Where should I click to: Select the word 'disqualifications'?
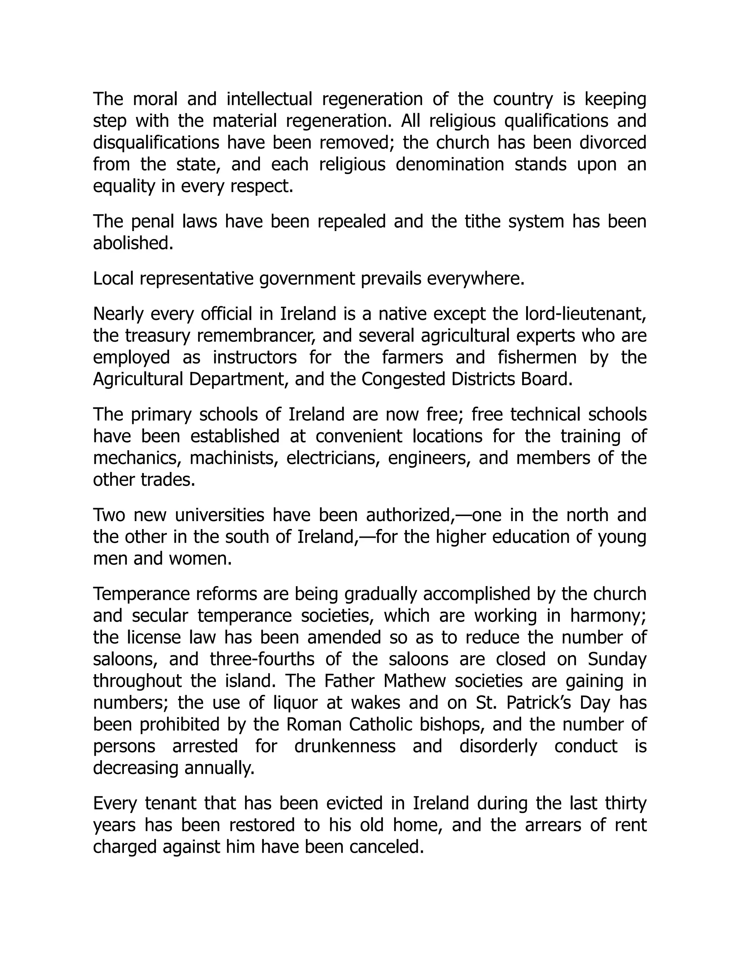[155, 143]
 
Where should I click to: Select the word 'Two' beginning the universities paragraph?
[108, 515]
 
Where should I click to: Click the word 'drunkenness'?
[345, 746]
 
